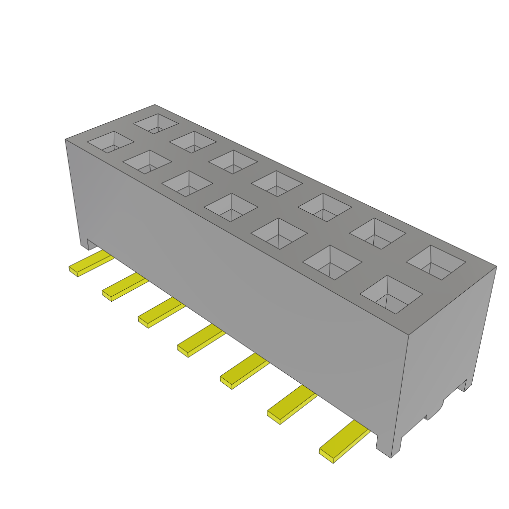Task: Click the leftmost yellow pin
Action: point(89,264)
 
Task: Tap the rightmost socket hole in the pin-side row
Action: point(391,294)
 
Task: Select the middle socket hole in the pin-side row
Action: point(231,207)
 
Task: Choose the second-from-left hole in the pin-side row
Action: point(147,162)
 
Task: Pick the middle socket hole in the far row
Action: point(276,183)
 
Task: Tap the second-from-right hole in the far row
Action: point(378,233)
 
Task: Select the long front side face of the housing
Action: point(239,278)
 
